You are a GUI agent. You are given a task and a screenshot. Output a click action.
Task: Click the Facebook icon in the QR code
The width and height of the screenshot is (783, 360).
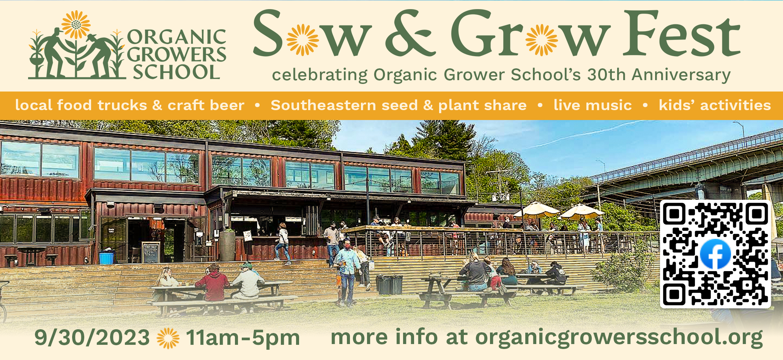(x=715, y=254)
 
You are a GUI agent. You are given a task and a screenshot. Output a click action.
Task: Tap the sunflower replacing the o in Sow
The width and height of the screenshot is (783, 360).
(x=303, y=39)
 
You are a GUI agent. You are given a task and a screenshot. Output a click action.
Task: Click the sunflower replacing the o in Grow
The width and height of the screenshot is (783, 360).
(x=542, y=39)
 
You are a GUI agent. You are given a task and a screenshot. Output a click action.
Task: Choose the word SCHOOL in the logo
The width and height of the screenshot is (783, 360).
(x=176, y=72)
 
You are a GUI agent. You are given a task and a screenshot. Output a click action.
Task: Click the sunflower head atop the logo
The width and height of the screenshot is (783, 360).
(x=76, y=24)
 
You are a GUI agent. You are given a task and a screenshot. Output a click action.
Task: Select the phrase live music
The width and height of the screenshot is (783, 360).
(x=592, y=105)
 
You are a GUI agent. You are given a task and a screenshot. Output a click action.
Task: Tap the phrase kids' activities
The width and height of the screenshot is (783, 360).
(x=715, y=105)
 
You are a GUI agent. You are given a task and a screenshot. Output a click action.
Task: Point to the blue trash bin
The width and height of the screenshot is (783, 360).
(x=106, y=257)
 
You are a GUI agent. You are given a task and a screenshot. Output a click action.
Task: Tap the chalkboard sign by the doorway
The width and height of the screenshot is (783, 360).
(x=151, y=253)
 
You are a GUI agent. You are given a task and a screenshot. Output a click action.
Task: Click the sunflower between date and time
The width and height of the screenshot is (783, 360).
(x=168, y=338)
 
